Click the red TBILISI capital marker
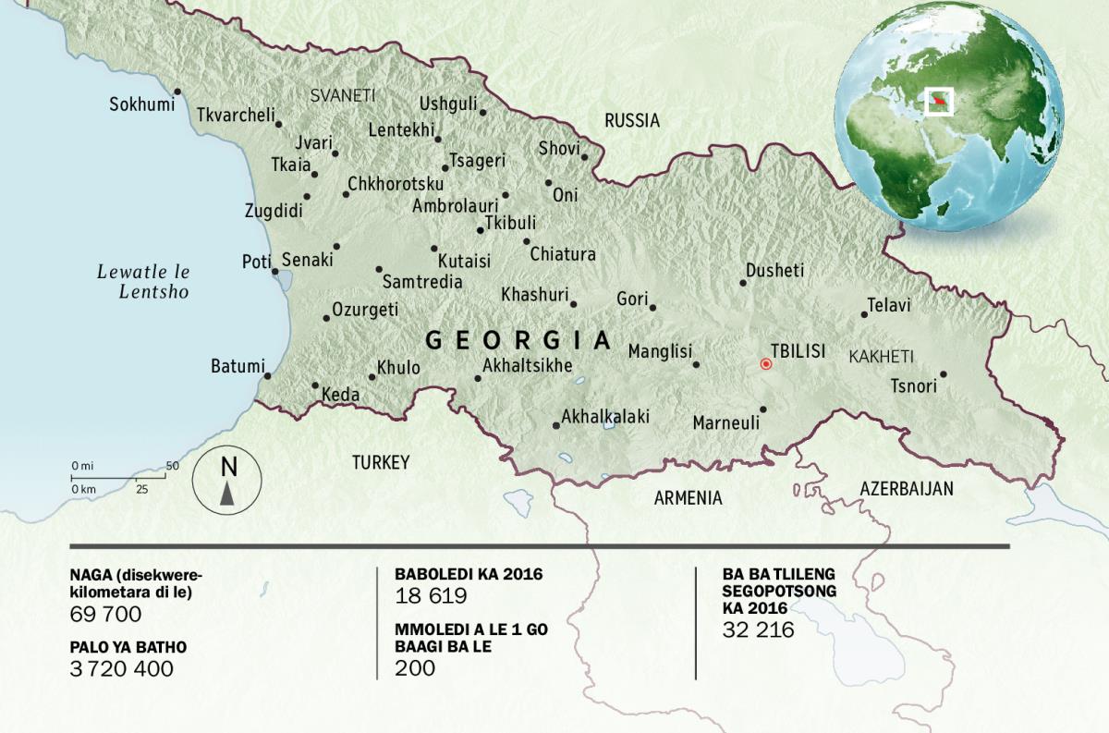click(x=765, y=364)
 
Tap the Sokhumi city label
click(x=141, y=104)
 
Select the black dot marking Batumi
click(x=267, y=376)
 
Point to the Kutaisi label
click(x=464, y=261)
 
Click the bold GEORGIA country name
click(x=518, y=340)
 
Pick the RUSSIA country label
click(x=632, y=120)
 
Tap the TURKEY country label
click(x=380, y=462)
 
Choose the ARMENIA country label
click(x=688, y=498)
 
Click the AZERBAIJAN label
click(x=906, y=489)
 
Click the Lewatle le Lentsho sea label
click(x=143, y=282)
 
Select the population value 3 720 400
click(x=121, y=669)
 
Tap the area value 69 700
click(x=105, y=615)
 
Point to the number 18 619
click(x=431, y=596)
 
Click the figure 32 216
click(x=758, y=630)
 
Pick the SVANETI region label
click(x=343, y=95)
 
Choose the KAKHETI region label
click(x=881, y=356)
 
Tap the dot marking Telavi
click(x=864, y=314)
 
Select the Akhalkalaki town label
click(x=605, y=417)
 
